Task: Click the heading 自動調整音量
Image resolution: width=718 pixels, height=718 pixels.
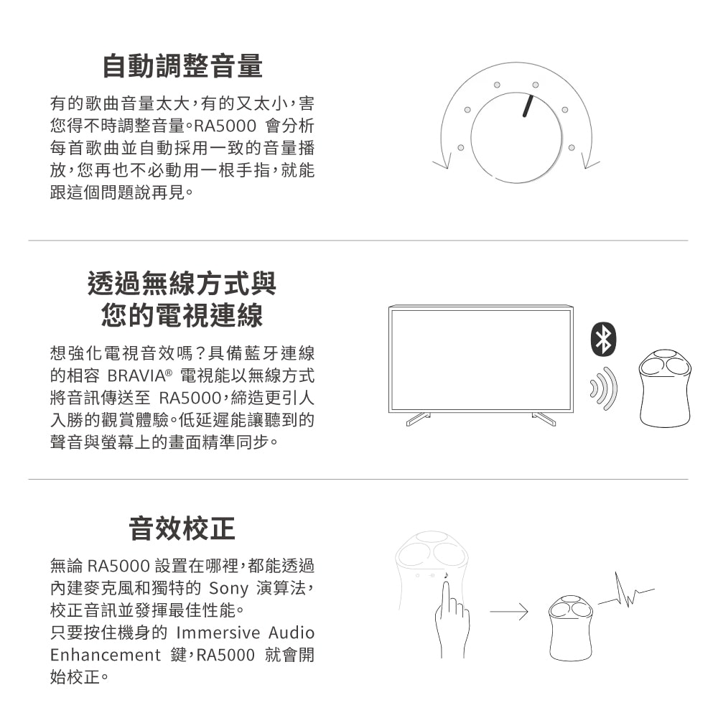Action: tap(182, 66)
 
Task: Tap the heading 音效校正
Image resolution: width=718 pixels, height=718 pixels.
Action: tap(182, 528)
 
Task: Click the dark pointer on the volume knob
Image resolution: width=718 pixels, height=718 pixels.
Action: tap(528, 106)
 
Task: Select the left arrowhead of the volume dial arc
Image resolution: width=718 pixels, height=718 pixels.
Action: tap(442, 160)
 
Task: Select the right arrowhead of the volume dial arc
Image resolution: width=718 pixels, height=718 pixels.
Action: tap(589, 160)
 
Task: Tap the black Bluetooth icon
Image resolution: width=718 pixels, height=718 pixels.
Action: tap(604, 340)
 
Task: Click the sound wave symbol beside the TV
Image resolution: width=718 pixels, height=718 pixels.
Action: tap(604, 388)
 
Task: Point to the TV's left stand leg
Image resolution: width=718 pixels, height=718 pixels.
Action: tap(418, 419)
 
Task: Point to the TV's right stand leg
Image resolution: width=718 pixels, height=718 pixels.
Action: tap(544, 419)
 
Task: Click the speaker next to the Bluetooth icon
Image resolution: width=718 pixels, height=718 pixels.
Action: tap(665, 388)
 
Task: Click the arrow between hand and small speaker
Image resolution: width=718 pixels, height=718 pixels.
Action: tap(509, 611)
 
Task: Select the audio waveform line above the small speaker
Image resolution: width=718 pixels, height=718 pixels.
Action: tap(626, 590)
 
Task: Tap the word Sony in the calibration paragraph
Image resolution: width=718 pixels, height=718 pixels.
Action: tap(228, 588)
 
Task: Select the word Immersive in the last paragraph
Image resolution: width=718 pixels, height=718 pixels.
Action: tap(218, 633)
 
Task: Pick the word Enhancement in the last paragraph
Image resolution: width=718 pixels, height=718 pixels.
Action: tap(106, 655)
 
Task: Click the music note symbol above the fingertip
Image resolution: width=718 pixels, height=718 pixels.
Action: tap(446, 575)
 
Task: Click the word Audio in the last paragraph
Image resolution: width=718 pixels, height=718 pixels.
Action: tap(292, 633)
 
